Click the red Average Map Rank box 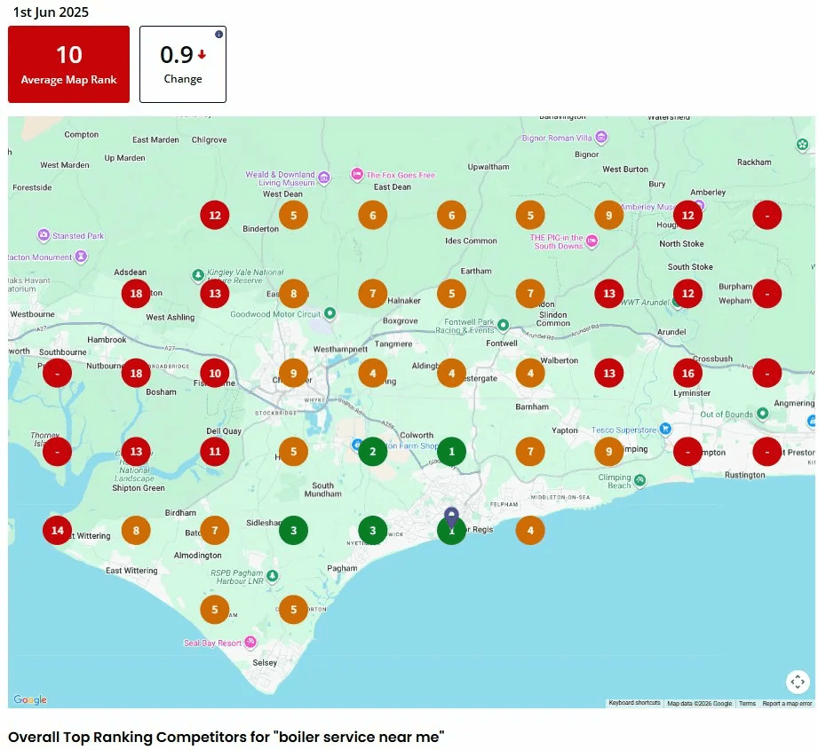(x=68, y=64)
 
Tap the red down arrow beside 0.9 (x=202, y=55)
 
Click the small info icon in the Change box (x=219, y=35)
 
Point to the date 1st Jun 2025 (x=51, y=12)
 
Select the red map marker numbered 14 (x=58, y=530)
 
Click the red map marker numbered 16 (x=687, y=374)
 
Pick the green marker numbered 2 (x=372, y=452)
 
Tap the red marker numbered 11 (x=215, y=452)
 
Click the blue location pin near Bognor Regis (x=451, y=516)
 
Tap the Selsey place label (x=265, y=663)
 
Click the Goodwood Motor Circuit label (x=274, y=314)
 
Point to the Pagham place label (x=342, y=568)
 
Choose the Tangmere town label (x=394, y=344)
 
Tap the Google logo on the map (x=30, y=700)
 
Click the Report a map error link (x=787, y=704)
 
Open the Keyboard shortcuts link (x=634, y=704)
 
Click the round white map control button (x=798, y=682)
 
